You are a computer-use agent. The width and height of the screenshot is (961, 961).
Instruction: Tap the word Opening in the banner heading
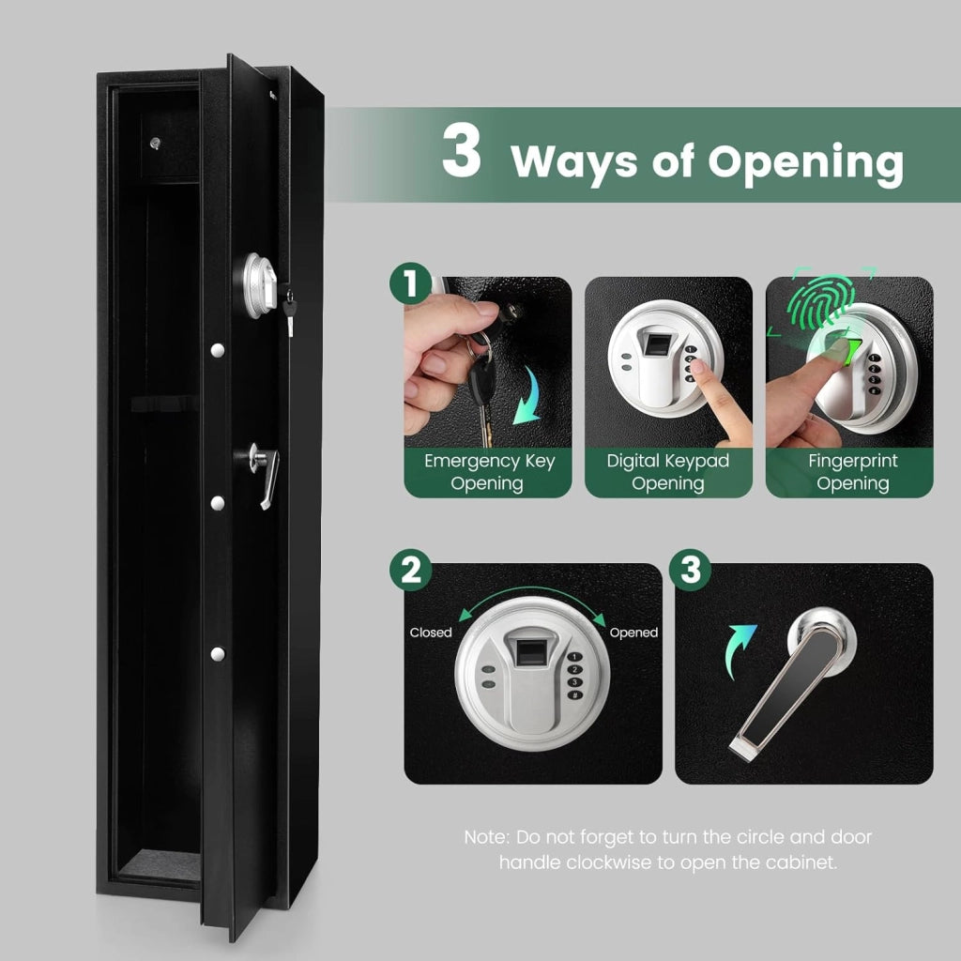point(805,163)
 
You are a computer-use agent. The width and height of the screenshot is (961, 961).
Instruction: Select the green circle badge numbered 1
point(411,283)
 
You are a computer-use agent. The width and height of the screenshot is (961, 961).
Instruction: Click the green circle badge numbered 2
point(411,570)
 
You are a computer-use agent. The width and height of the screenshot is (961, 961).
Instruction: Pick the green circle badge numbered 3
point(690,570)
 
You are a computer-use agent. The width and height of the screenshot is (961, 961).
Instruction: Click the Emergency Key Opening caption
point(488,472)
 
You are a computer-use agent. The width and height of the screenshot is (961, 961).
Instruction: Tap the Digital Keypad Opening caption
point(668,472)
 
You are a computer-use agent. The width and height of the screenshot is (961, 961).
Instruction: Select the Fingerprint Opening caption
point(852,472)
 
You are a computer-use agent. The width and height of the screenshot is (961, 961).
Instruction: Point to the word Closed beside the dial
point(430,633)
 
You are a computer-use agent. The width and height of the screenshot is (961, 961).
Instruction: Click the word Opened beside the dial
point(633,633)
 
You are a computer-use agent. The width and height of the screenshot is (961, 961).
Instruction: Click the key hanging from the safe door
point(290,313)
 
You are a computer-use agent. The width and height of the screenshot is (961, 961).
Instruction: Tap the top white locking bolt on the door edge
point(217,351)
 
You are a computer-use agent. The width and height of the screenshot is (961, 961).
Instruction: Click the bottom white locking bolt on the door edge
point(217,654)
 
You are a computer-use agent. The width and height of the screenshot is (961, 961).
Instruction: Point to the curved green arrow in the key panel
point(527,398)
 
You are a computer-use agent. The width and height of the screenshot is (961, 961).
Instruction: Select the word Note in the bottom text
point(486,837)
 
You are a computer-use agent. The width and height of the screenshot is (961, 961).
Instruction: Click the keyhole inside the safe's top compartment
point(155,144)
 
